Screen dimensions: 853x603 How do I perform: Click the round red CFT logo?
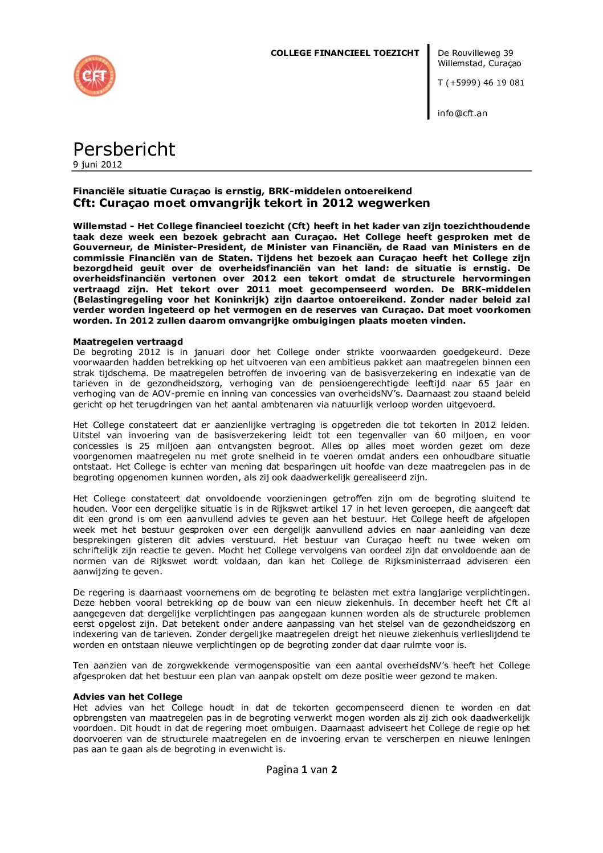click(x=95, y=76)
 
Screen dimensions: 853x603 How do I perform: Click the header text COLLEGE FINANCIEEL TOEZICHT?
click(x=345, y=53)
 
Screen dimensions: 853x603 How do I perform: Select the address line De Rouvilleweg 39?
click(x=475, y=53)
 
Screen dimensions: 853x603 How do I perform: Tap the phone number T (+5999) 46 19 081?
click(x=480, y=83)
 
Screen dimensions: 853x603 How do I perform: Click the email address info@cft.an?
click(x=462, y=113)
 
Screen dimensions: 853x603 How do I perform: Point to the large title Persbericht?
click(x=124, y=149)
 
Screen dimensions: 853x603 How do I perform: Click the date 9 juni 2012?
click(x=97, y=165)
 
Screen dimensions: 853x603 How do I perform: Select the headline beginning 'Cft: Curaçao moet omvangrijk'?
click(x=251, y=203)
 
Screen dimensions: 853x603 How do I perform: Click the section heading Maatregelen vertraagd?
click(x=128, y=342)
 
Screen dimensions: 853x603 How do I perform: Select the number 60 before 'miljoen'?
click(x=440, y=435)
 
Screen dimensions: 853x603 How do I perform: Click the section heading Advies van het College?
click(x=128, y=697)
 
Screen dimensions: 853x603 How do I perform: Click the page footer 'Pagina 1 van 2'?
click(x=301, y=770)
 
